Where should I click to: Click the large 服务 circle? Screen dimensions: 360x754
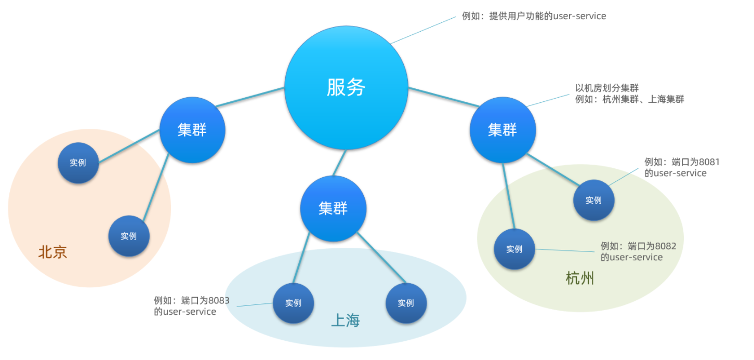point(346,87)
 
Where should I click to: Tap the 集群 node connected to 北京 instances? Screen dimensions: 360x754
point(192,130)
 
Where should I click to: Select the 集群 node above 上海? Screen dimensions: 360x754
point(333,208)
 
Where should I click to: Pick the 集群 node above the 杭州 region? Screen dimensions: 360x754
point(502,130)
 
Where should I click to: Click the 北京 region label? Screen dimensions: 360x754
point(52,252)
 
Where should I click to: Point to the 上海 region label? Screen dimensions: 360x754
point(346,321)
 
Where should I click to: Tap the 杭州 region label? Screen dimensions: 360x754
point(579,279)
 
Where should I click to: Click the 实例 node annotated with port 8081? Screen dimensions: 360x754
point(593,200)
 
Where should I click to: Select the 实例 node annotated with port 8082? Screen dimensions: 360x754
point(514,249)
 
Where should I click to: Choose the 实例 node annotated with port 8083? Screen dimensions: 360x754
point(293,303)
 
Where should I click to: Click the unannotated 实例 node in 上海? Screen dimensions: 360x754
point(406,303)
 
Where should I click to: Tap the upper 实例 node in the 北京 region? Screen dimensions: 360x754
point(78,163)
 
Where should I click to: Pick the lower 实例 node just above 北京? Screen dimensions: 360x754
point(129,236)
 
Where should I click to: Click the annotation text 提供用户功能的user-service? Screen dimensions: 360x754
point(548,16)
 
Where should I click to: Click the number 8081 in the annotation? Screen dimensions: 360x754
point(709,162)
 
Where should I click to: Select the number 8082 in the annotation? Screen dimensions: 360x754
point(666,246)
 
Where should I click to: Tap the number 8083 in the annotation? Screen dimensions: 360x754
point(219,300)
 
